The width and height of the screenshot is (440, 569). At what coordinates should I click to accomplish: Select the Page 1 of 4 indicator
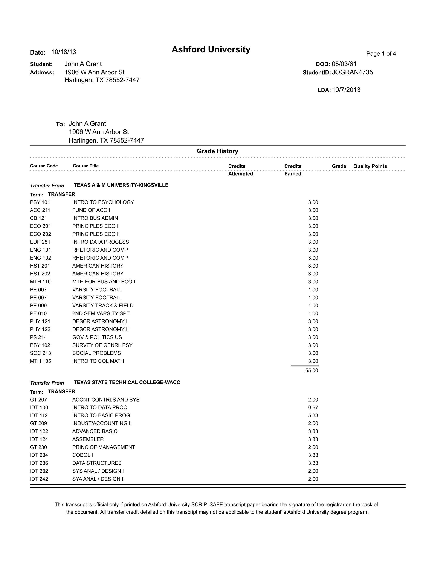[381, 54]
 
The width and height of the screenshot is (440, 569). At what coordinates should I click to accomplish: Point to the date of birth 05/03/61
[344, 64]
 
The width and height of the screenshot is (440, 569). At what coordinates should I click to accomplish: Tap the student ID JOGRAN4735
[352, 72]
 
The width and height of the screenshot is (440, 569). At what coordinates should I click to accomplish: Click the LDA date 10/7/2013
[346, 90]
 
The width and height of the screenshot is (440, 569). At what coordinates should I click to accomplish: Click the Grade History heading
[217, 151]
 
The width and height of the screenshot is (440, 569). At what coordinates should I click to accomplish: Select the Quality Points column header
[370, 166]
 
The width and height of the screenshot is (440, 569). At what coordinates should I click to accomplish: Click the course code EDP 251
[40, 242]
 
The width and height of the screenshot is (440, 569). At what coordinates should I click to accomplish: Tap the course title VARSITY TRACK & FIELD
[103, 305]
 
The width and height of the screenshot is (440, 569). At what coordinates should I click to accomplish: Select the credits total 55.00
[312, 370]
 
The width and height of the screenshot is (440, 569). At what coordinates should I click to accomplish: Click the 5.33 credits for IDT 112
[313, 415]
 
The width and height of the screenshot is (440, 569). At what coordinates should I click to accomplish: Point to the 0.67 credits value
[313, 408]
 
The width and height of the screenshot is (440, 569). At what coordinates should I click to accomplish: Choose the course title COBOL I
[83, 455]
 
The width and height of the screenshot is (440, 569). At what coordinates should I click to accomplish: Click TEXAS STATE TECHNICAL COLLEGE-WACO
[127, 382]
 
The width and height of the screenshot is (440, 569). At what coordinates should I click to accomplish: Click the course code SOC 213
[40, 353]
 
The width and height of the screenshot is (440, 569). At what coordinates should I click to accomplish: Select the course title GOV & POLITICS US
[97, 337]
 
